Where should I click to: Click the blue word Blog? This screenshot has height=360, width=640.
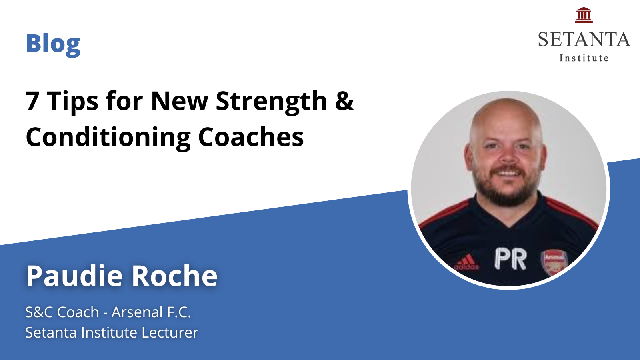pos(53,44)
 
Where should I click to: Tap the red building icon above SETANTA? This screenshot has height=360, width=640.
pos(584,15)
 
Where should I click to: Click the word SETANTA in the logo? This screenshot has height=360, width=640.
pos(584,40)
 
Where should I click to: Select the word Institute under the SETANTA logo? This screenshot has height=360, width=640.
pos(584,58)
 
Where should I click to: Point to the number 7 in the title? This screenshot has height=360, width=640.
pos(32,101)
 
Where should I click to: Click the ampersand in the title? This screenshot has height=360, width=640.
pos(344,100)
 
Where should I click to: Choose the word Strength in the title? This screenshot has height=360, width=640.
pos(271,102)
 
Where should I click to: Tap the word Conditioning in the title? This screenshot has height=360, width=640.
pos(108,138)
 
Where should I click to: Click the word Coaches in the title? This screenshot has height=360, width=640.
pos(251,137)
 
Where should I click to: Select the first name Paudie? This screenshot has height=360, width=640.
pos(74,276)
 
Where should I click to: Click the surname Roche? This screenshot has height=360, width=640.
pos(174,276)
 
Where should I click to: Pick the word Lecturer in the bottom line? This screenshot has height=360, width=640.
pos(170,332)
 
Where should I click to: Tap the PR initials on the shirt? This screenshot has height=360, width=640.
pos(510,259)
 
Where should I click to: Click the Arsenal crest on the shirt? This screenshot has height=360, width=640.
pos(554,262)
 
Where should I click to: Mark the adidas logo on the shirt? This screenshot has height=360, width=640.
pos(466,262)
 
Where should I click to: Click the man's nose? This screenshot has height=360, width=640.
pos(508,156)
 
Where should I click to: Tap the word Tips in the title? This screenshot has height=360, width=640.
pos(72,102)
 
